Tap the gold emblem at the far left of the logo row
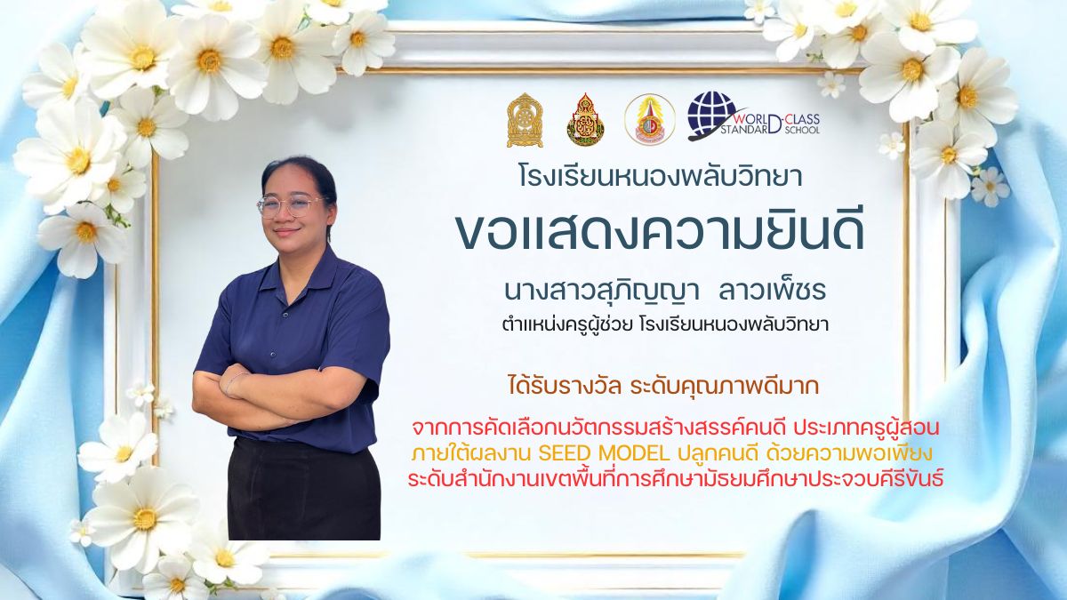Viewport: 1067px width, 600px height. (525, 120)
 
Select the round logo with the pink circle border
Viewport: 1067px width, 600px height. (650, 119)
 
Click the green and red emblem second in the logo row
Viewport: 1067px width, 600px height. (585, 119)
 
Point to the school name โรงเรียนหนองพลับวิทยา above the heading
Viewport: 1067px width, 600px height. (660, 176)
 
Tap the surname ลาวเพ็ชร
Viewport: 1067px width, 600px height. (772, 290)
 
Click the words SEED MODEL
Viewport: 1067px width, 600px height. (604, 454)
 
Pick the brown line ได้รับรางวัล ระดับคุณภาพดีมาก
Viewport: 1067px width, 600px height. (663, 386)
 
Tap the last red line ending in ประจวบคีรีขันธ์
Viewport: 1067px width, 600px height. (676, 479)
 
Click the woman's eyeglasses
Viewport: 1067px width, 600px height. (290, 205)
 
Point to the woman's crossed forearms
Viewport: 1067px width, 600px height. (280, 391)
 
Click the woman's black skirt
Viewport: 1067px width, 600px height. (304, 491)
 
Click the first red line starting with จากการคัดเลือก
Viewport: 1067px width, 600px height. (676, 429)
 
